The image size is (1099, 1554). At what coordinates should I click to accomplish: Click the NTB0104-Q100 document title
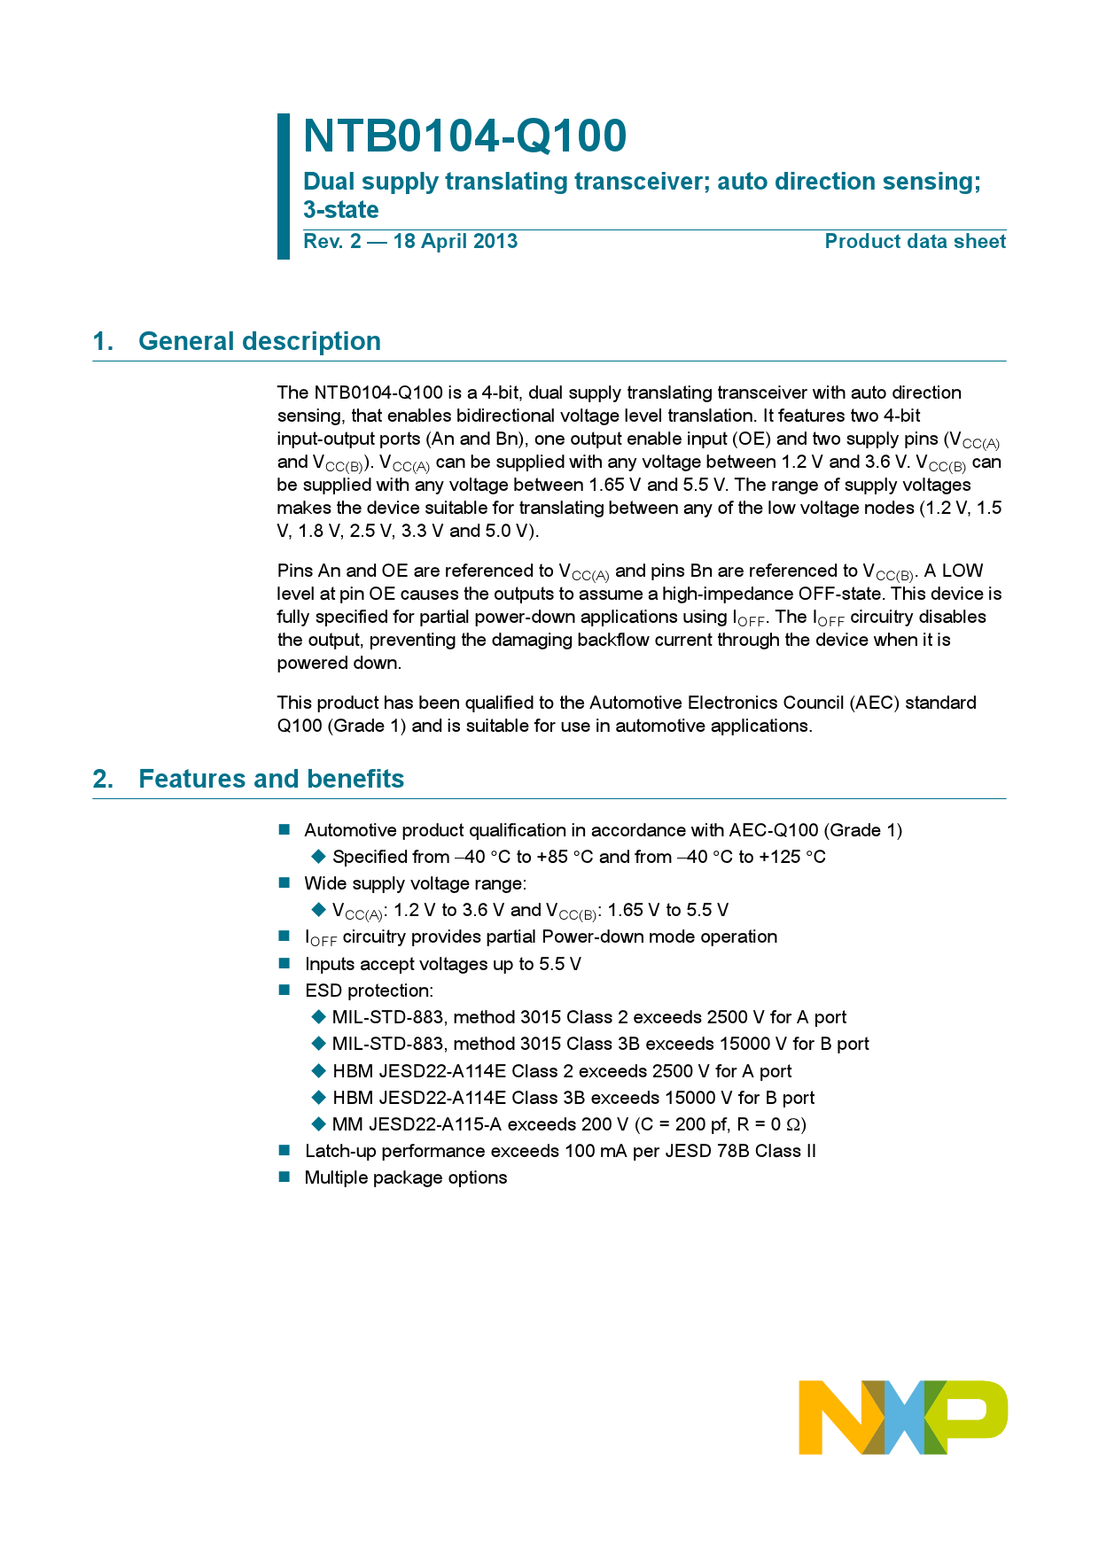pos(464,136)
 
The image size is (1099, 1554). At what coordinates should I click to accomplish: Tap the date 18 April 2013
pos(455,242)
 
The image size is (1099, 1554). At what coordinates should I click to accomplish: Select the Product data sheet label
pos(915,242)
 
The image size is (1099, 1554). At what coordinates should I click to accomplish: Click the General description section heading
pos(259,341)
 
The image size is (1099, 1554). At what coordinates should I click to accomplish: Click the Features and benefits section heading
pos(271,779)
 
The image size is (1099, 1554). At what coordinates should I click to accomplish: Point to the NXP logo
pos(902,1416)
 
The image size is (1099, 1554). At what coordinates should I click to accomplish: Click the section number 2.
pos(103,779)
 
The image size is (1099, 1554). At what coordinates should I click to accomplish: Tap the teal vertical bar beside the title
pos(284,186)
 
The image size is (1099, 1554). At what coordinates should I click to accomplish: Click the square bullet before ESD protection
pos(284,990)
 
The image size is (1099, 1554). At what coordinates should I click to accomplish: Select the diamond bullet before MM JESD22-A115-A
pos(319,1123)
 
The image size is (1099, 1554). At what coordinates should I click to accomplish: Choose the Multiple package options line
pos(405,1177)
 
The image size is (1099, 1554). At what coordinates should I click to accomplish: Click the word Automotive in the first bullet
pos(347,830)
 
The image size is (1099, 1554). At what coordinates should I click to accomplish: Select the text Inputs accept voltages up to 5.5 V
pos(442,964)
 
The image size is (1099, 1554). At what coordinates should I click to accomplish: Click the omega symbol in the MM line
pos(794,1124)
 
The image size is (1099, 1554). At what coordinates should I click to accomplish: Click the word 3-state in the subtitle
pos(340,210)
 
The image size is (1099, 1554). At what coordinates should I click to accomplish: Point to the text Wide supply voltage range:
pos(415,883)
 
